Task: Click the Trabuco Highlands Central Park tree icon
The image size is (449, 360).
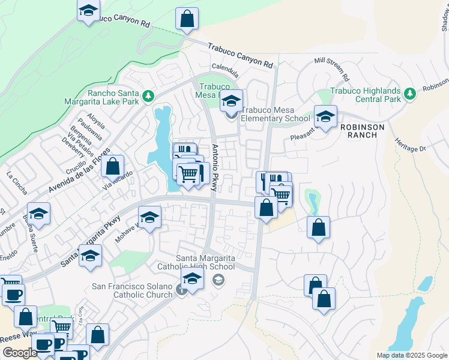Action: coord(410,94)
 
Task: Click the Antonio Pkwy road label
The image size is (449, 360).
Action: coord(216,169)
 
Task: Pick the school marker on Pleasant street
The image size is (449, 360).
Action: coord(325,117)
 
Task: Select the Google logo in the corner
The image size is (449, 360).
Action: coord(19,353)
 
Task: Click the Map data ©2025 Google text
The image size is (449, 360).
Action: coord(412,355)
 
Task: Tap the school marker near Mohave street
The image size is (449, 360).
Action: coord(149,218)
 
